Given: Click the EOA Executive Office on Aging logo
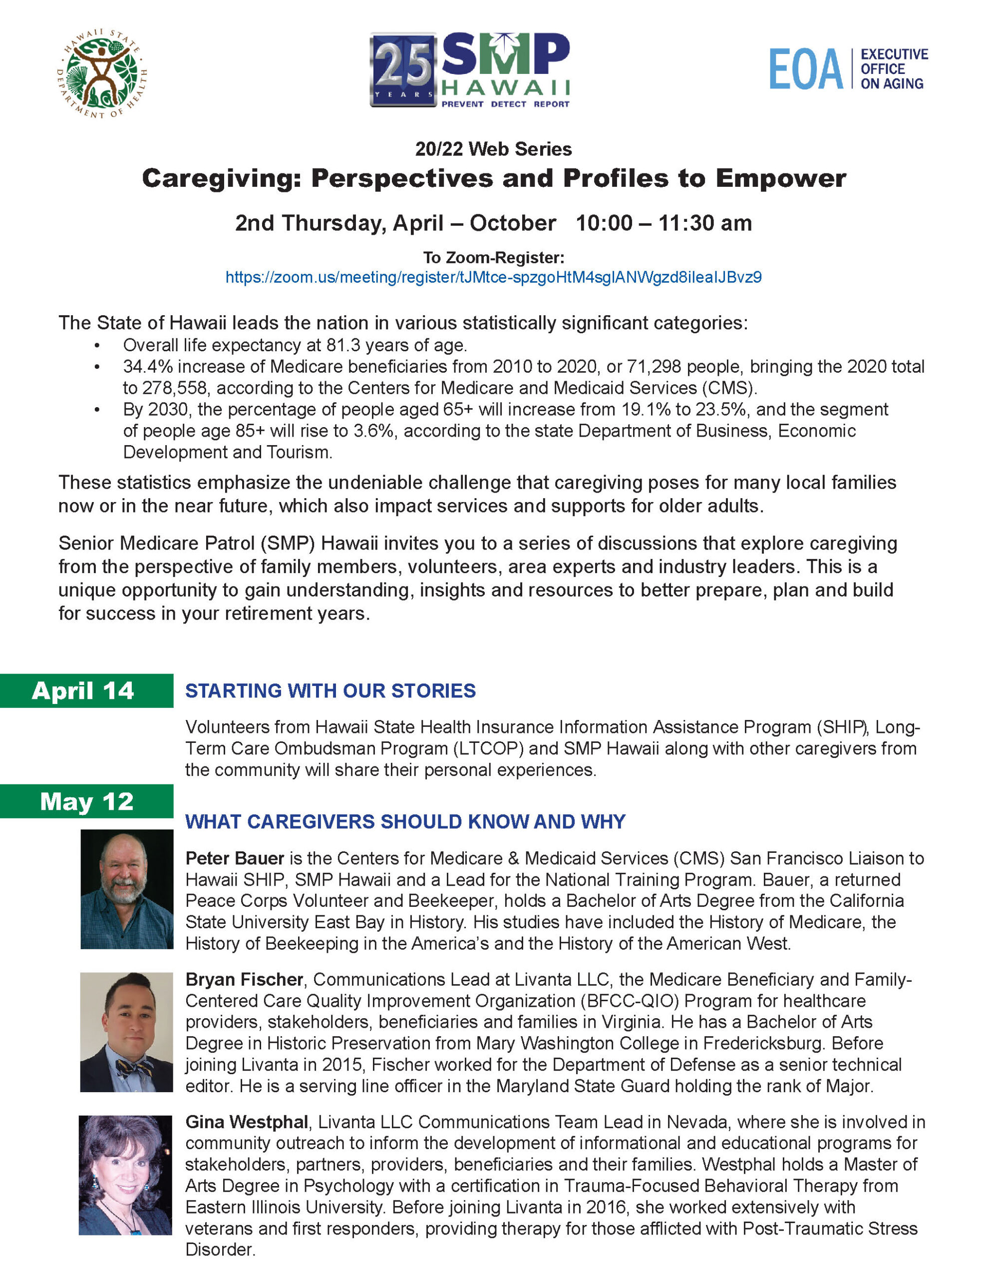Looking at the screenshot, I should tap(848, 69).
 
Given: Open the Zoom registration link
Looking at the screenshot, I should tap(493, 277).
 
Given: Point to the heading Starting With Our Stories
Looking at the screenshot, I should tap(330, 691).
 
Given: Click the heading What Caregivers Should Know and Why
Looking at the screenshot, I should tap(405, 822).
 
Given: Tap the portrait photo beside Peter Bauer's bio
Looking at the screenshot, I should tap(126, 889).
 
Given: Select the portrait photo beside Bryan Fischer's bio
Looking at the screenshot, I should tap(126, 1032).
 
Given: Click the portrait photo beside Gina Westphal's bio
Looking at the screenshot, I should tap(125, 1176).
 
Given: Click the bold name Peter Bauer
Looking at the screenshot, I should tap(234, 858).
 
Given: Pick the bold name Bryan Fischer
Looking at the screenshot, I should tap(244, 980).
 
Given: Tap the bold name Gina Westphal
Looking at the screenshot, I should tap(247, 1122).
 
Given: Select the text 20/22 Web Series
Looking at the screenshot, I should tap(493, 149).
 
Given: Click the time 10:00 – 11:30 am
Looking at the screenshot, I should tap(663, 223).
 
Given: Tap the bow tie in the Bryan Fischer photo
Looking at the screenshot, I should tap(133, 1068).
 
